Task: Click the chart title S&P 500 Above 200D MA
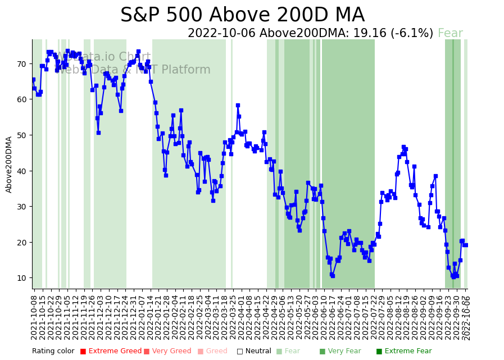coord(242,15)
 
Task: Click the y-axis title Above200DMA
coord(9,165)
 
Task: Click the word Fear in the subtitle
coord(450,34)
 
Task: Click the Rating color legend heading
coord(53,352)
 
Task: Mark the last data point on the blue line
coord(466,245)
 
